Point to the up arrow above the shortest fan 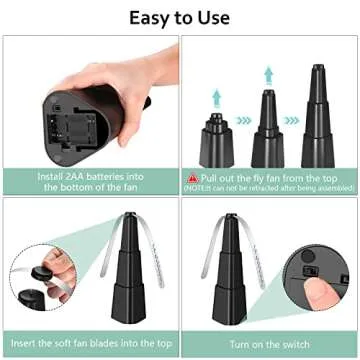[215, 95]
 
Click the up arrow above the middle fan [268, 72]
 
